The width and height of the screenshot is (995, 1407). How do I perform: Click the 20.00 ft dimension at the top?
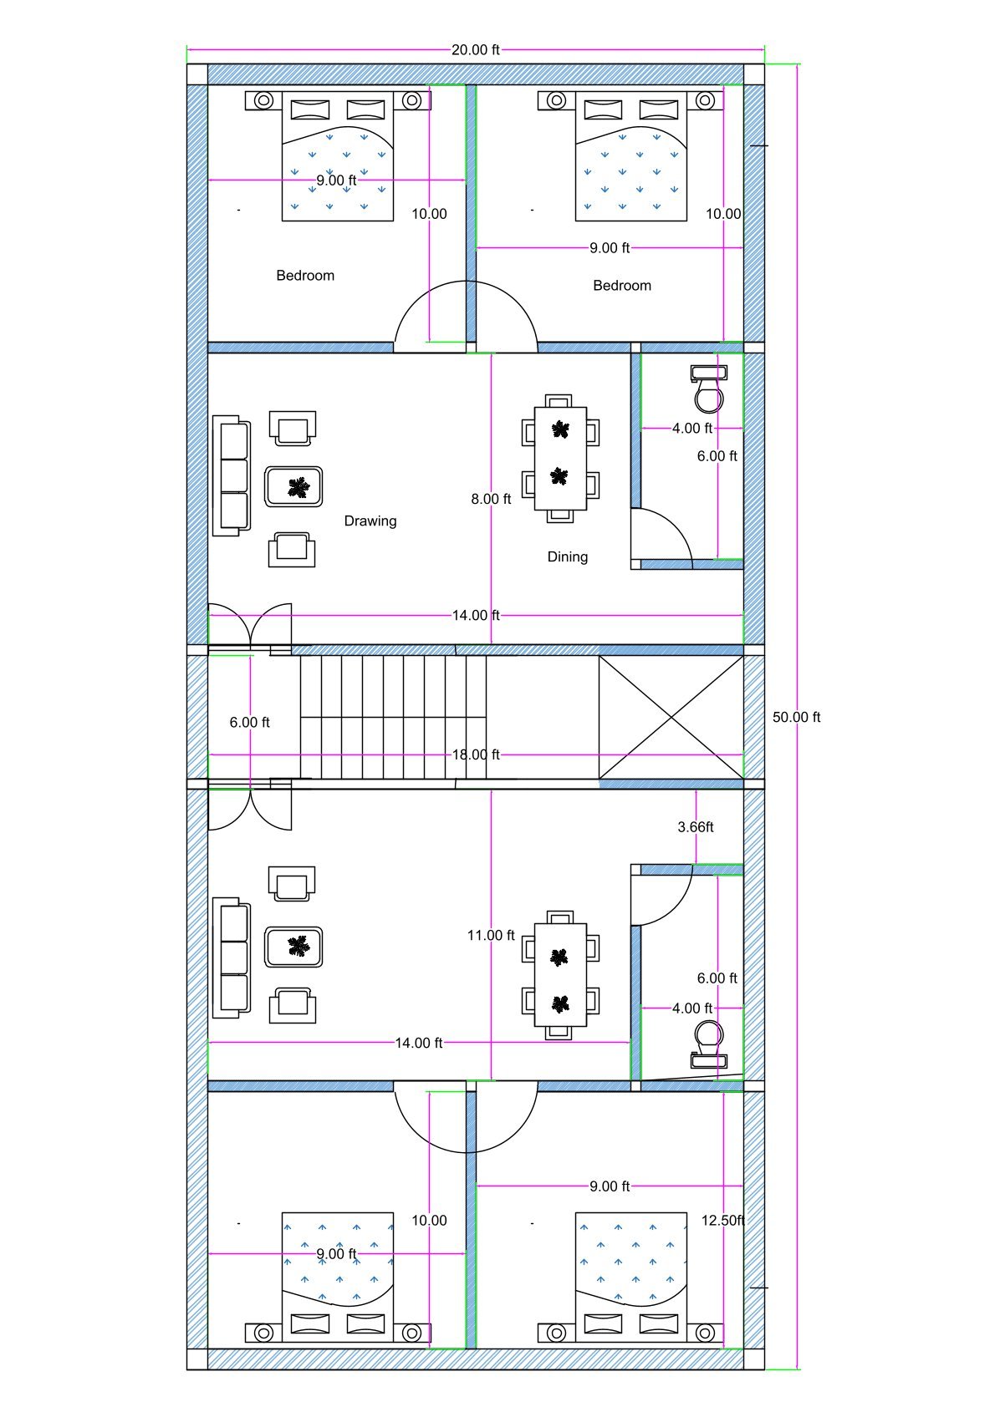point(475,50)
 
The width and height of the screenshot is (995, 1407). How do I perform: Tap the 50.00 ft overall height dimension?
point(795,717)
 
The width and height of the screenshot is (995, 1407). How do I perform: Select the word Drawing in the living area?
point(370,521)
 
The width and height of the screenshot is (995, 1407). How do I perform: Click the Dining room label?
point(567,556)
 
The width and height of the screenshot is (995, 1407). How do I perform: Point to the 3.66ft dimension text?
point(695,826)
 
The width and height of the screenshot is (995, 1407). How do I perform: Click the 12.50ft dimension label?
point(722,1220)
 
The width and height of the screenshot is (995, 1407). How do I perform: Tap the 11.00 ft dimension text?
point(490,935)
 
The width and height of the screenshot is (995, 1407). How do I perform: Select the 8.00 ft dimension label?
point(490,499)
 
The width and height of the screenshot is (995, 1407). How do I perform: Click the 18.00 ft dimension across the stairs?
point(475,754)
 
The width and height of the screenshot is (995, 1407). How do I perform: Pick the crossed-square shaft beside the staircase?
point(671,717)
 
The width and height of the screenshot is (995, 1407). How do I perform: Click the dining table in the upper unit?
point(560,458)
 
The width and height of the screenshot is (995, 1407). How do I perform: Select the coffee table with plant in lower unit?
point(293,947)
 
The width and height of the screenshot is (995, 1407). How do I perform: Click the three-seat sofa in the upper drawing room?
point(232,475)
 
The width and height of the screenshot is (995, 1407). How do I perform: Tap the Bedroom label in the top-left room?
point(305,275)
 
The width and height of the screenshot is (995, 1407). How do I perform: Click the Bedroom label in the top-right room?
point(621,285)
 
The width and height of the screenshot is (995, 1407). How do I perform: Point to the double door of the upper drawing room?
point(249,625)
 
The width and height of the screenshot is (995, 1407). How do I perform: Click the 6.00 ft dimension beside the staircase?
point(249,722)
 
